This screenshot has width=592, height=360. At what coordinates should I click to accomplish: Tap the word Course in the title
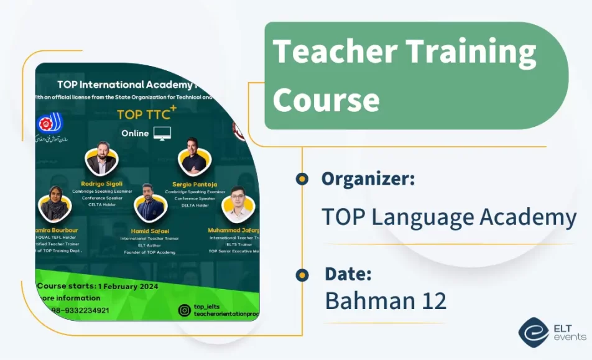pyautogui.click(x=326, y=99)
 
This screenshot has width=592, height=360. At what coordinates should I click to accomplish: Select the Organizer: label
pyautogui.click(x=368, y=179)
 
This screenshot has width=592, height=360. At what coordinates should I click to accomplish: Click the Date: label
pyautogui.click(x=348, y=274)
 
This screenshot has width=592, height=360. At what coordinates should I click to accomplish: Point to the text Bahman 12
pyautogui.click(x=386, y=301)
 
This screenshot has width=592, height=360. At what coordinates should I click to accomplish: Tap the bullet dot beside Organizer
pyautogui.click(x=302, y=179)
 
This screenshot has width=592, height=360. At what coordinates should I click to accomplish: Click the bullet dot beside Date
pyautogui.click(x=302, y=274)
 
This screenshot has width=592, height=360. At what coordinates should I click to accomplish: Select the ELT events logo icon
pyautogui.click(x=533, y=333)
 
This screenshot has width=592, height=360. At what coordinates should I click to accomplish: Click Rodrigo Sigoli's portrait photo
pyautogui.click(x=101, y=161)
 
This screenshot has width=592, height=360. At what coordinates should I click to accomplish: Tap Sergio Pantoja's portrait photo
pyautogui.click(x=191, y=158)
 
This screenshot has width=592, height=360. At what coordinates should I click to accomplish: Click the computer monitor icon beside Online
pyautogui.click(x=162, y=133)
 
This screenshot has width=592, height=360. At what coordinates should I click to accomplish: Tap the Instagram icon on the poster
pyautogui.click(x=184, y=310)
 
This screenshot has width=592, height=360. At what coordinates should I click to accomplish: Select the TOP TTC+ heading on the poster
pyautogui.click(x=147, y=114)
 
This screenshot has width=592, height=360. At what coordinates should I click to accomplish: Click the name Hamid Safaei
pyautogui.click(x=147, y=231)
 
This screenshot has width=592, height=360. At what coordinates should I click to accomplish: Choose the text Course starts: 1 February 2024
pyautogui.click(x=98, y=287)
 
